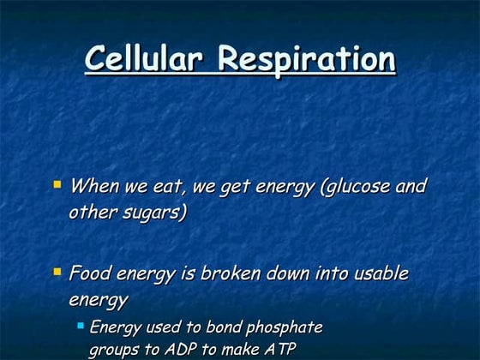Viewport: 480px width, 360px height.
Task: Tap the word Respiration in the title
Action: [x=306, y=60]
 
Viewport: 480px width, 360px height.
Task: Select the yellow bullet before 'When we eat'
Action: [x=57, y=183]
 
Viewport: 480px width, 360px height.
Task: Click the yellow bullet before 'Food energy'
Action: [x=57, y=272]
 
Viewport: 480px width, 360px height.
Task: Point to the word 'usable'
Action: [x=378, y=274]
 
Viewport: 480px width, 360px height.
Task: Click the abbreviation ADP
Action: [x=189, y=349]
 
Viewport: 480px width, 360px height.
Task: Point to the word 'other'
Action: [x=91, y=212]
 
